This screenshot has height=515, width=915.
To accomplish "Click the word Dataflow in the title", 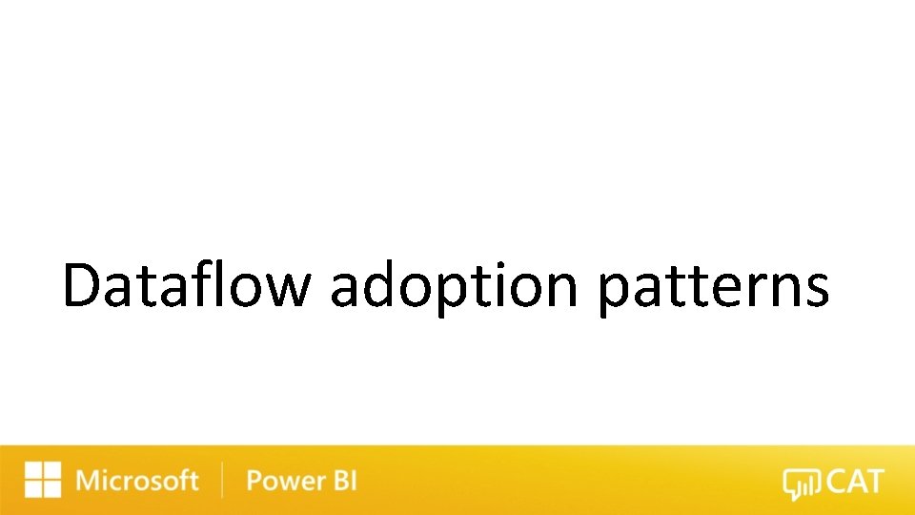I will coord(186,286).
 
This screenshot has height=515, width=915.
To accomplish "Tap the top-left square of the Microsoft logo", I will coord(33,471).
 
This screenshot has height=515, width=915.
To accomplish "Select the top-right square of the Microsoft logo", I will coord(51,471).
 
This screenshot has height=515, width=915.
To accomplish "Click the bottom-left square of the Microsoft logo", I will coord(33,489).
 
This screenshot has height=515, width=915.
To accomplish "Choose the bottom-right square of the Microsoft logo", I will coord(51,489).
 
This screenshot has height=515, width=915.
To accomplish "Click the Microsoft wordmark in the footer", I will coord(137,481).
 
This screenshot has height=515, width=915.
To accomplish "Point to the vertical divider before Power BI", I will coord(222,481).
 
